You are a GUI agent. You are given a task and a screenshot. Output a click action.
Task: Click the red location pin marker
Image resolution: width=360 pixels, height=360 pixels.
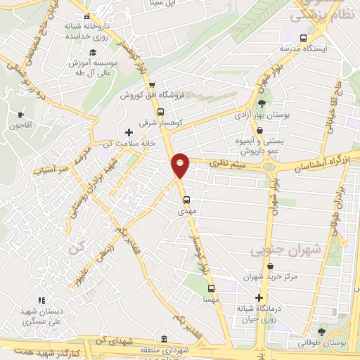pos(181,164)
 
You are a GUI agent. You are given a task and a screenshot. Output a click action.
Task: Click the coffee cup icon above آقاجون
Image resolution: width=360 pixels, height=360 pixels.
pos(20,115)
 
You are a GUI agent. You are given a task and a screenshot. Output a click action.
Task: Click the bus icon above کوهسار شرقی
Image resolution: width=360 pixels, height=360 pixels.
pos(160,111)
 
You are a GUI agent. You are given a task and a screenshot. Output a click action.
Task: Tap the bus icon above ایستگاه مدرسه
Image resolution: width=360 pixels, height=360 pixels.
pos(303,39)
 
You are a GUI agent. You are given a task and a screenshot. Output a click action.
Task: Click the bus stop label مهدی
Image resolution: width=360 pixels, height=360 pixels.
pos(185,210)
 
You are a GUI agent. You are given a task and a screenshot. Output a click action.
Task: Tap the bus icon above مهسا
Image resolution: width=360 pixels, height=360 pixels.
pos(210,288)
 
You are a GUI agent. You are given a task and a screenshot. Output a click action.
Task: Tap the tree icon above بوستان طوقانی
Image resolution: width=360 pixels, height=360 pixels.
pos(321,331)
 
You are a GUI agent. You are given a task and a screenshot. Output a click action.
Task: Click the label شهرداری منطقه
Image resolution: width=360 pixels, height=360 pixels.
pos(163,349)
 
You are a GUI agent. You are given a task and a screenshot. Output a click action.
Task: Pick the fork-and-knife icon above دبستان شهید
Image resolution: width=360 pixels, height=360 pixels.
pos(41,300)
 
